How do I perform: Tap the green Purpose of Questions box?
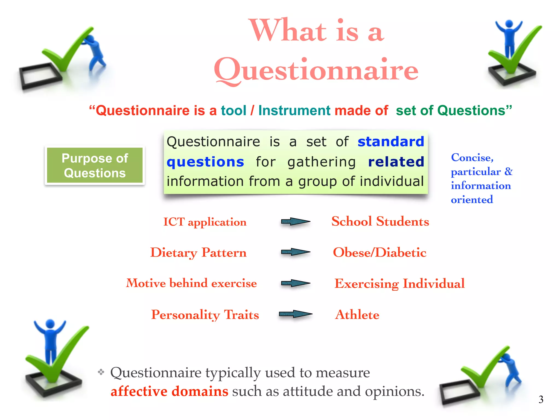95,165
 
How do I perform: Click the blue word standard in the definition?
391,142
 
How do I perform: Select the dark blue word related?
396,162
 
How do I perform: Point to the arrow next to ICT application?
295,221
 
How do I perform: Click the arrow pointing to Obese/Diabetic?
295,252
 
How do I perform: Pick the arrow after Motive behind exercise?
295,283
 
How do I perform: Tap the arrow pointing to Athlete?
295,314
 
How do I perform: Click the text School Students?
380,221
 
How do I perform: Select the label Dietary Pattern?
199,252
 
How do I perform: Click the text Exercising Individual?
399,284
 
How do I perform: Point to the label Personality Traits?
205,315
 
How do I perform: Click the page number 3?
541,399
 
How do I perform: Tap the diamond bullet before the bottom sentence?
101,372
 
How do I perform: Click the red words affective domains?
169,391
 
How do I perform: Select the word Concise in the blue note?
472,157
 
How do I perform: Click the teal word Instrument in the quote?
294,110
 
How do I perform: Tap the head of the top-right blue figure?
509,24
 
